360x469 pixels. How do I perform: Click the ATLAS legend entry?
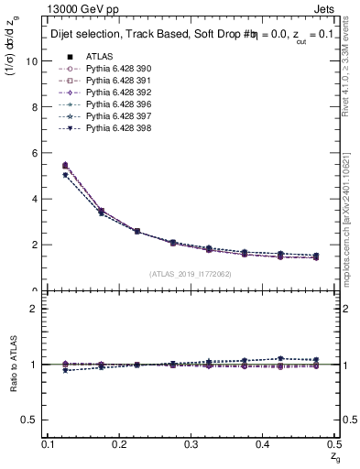100,57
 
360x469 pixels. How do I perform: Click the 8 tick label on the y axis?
35,106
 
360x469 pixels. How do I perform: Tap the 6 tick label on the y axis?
35,152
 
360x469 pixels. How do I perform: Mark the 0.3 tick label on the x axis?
191,443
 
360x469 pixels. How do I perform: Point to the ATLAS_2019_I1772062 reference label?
190,274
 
